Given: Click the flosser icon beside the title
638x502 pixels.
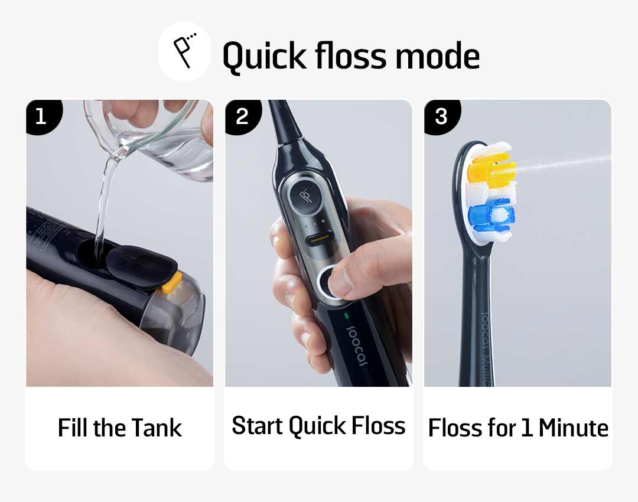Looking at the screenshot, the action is tap(185, 51).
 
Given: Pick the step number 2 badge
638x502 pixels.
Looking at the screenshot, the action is tap(243, 117).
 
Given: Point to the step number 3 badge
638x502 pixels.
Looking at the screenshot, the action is tap(441, 117).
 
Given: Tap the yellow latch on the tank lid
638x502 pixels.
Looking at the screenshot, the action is tap(172, 283).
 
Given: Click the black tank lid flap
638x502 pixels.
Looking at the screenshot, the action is tap(142, 266).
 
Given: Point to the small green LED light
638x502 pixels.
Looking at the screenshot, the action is tap(347, 316).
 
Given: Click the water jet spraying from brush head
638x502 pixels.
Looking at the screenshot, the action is tap(564, 163).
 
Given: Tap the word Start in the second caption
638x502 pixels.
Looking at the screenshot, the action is tap(257, 426).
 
